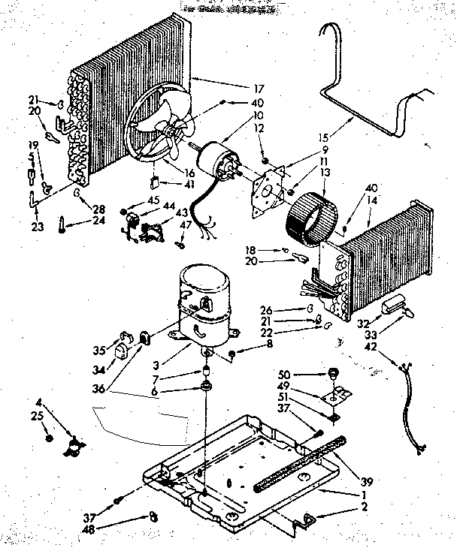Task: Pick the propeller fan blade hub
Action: (174, 133)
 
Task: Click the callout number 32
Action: (363, 323)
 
